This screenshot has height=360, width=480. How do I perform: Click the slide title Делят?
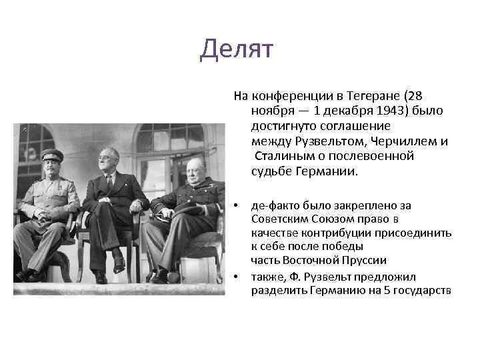(237, 50)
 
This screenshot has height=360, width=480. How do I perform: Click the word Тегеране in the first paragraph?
(361, 95)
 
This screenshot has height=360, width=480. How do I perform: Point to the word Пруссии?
(366, 261)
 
